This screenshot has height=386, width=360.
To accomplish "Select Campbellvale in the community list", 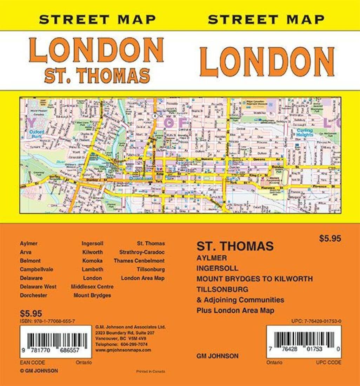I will point(36,269).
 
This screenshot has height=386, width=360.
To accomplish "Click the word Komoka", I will point(93,261).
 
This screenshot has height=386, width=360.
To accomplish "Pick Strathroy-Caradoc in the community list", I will point(142,252).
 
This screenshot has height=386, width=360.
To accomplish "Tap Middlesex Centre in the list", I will point(92,286).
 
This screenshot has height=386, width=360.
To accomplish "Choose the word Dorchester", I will point(34,295).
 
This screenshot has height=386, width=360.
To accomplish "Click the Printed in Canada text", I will point(150,372).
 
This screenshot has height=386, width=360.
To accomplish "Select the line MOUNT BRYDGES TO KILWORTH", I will point(254,279).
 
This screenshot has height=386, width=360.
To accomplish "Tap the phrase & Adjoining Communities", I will point(240,300).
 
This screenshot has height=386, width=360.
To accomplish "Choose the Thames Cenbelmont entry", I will point(139,261).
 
